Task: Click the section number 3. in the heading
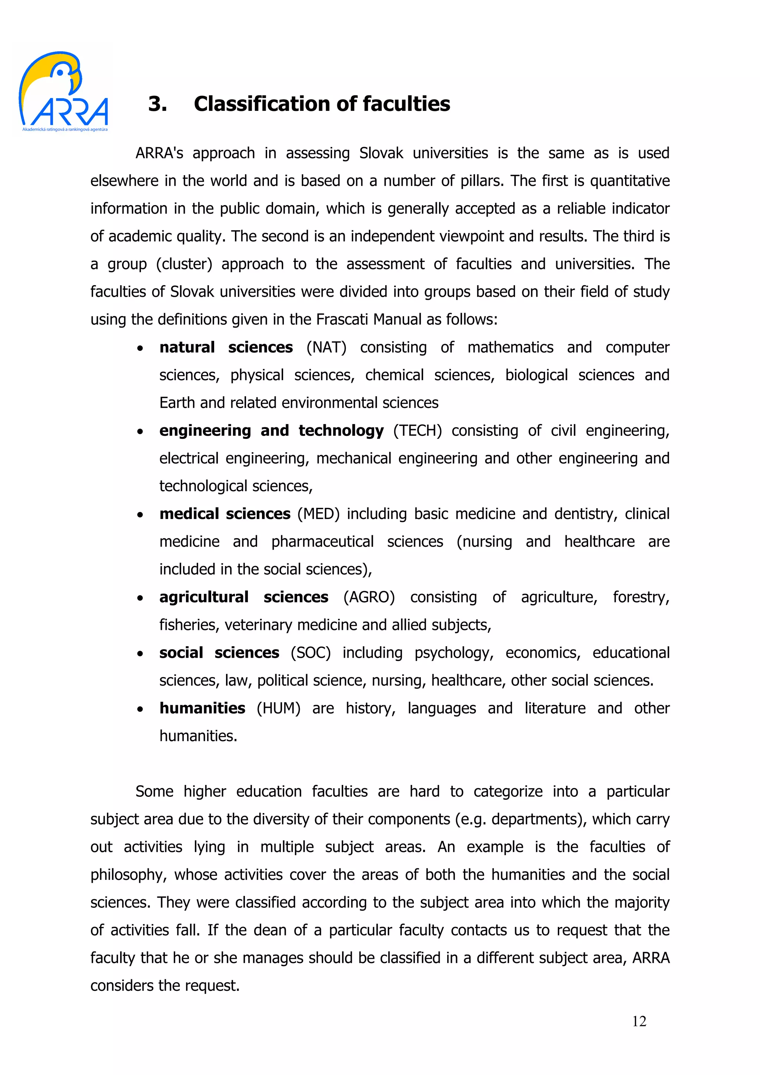point(158,104)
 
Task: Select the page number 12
point(639,1021)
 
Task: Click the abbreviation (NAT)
point(327,348)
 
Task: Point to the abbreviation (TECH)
point(417,431)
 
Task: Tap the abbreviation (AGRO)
point(369,598)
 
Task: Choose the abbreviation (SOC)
point(311,653)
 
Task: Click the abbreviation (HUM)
point(278,709)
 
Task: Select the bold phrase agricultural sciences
point(243,598)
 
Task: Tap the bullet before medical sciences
point(140,515)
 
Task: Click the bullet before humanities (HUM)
point(140,709)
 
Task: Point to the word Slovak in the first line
point(381,153)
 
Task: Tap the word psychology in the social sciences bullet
point(454,653)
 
